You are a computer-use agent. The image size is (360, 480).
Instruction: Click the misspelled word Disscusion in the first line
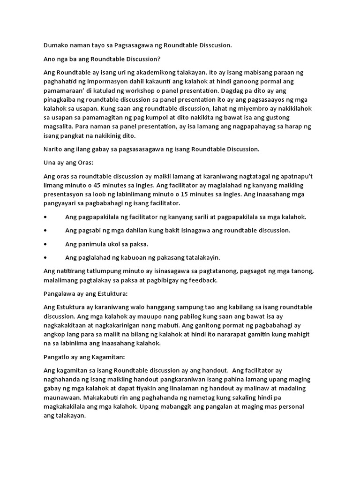(213, 45)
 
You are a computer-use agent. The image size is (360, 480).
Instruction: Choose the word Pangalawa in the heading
(60, 294)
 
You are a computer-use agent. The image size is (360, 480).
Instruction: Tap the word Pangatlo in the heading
(57, 357)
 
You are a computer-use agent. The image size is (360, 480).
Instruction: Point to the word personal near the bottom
(290, 407)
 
